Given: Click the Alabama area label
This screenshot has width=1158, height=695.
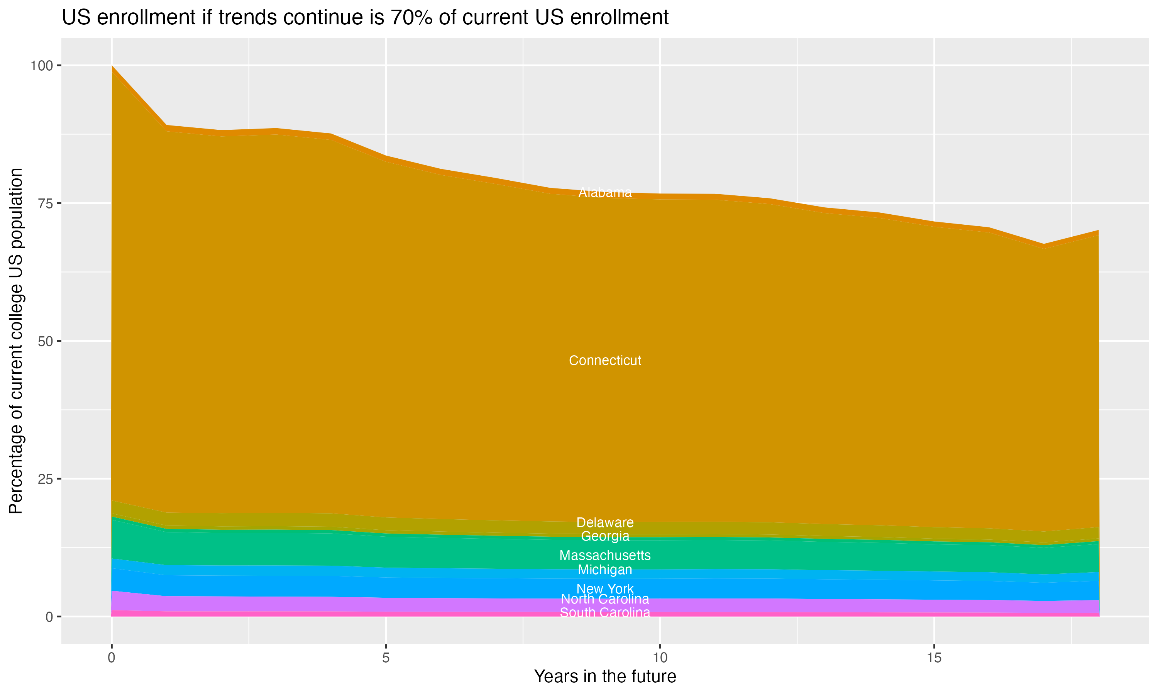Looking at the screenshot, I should (x=605, y=193).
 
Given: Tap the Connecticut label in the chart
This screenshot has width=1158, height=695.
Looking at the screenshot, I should (x=605, y=361).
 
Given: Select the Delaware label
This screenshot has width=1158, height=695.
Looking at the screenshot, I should (x=605, y=522).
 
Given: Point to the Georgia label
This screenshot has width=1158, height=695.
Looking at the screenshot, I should (x=605, y=536).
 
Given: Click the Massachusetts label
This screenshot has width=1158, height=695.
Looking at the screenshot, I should (x=605, y=556).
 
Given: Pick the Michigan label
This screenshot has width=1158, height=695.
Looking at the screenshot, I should (x=605, y=570).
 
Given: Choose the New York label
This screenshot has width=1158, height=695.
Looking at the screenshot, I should (x=605, y=589).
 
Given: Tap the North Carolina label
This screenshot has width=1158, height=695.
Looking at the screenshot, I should (x=605, y=599).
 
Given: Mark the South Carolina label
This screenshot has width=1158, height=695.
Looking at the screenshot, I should (x=605, y=613).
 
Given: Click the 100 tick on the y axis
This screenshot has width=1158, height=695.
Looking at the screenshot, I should (x=41, y=66).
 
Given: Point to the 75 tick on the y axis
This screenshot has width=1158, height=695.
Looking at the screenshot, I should (x=46, y=203).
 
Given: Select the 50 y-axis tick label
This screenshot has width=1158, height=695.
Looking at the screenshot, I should (x=46, y=341).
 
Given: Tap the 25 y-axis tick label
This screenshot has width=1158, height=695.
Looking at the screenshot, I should (x=46, y=479).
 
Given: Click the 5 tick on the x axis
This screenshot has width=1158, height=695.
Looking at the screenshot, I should (x=386, y=658).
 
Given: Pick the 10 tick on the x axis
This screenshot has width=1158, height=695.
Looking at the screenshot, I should (x=660, y=658).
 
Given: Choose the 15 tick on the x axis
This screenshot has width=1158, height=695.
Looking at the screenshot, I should (x=934, y=658).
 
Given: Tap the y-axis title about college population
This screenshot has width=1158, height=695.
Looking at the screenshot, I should (x=16, y=341).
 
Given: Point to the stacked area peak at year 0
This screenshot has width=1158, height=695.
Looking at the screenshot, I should (x=112, y=66).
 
